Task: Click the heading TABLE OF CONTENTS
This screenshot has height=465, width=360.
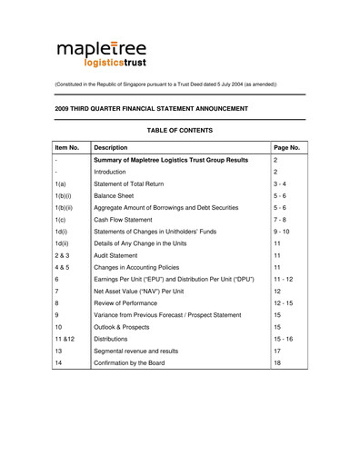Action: (179, 130)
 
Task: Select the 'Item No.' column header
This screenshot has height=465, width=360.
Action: (67, 146)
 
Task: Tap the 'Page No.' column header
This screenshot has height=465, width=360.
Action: (286, 146)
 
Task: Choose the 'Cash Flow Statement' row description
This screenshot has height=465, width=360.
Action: (126, 219)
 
